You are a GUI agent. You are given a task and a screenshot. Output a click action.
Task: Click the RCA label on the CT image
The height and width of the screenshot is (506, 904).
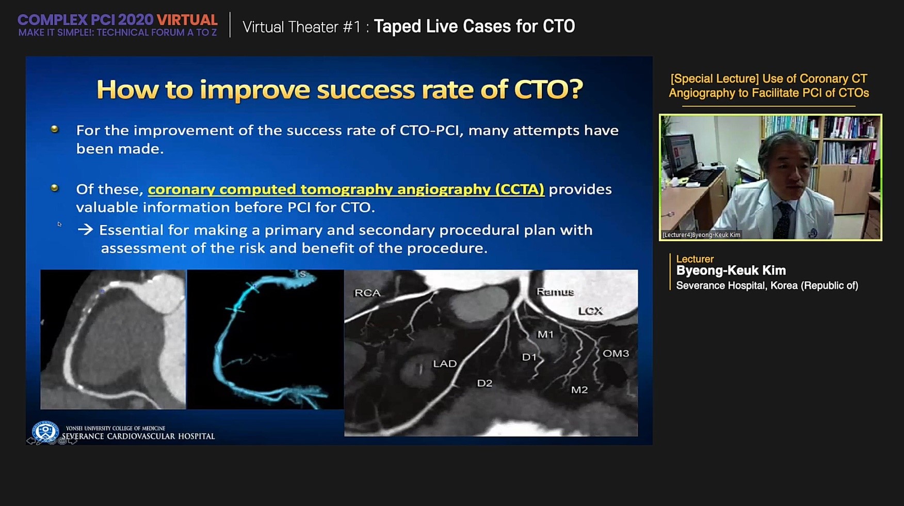click(367, 293)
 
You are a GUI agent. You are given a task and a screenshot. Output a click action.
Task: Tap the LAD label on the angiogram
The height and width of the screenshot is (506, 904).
click(445, 363)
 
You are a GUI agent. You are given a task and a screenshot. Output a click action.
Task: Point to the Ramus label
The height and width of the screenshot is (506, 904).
click(555, 292)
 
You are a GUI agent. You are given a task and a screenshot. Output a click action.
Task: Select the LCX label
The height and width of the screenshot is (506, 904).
click(590, 311)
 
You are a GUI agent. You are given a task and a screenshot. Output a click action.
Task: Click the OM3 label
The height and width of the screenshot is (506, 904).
click(616, 353)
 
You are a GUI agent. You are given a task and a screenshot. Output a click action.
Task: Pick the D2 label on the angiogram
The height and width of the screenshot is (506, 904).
click(485, 383)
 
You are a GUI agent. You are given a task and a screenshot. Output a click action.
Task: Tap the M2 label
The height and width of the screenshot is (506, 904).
click(579, 390)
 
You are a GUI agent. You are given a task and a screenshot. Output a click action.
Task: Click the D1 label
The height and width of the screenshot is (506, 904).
click(529, 357)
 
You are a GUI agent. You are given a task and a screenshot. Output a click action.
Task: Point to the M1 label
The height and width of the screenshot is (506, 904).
click(545, 335)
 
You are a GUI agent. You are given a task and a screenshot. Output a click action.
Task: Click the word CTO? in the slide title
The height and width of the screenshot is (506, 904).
click(548, 89)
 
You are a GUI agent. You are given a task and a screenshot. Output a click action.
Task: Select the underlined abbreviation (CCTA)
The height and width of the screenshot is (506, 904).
click(520, 189)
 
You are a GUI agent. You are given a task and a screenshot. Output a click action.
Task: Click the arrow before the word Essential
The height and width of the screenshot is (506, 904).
click(85, 230)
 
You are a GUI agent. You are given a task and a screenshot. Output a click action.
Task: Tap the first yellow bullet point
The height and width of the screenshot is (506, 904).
click(55, 129)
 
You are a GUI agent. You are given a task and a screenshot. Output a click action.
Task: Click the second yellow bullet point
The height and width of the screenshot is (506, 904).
click(55, 188)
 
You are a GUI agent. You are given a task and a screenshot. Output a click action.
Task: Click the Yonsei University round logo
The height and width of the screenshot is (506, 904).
click(45, 431)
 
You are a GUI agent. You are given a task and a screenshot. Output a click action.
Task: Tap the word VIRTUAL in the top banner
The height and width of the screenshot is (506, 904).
click(187, 20)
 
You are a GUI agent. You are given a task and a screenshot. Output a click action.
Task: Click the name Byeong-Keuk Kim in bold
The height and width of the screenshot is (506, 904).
click(731, 271)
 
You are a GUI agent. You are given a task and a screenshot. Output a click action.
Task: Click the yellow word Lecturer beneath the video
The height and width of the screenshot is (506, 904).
click(695, 259)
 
